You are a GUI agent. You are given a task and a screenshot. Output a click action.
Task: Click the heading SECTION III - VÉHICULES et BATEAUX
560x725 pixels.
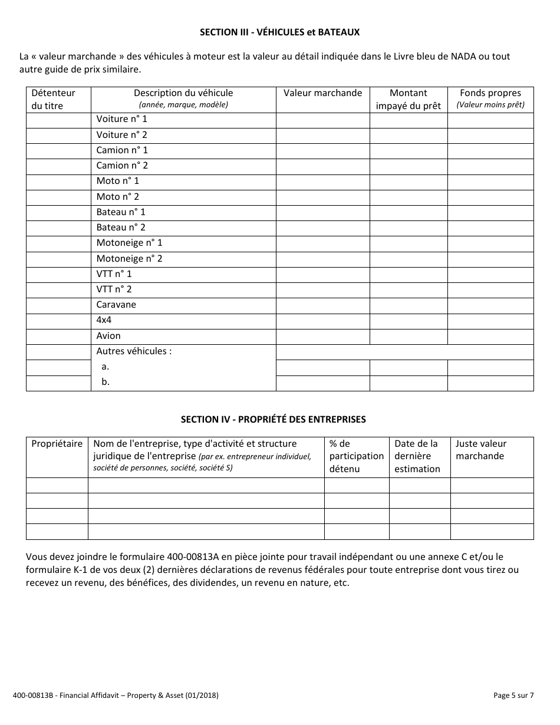click(x=279, y=32)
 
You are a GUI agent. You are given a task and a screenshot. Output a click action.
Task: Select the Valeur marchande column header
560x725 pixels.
click(x=322, y=93)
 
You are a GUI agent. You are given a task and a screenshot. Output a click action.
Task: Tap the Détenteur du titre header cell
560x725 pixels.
click(x=53, y=99)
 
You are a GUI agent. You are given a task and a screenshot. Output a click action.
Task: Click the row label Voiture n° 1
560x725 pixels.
click(x=121, y=119)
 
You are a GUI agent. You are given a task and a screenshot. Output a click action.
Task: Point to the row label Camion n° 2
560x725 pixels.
click(x=122, y=166)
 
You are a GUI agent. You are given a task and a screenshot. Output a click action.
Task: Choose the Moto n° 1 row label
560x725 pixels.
click(x=118, y=181)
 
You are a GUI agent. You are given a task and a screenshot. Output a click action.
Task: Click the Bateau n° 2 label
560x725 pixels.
click(x=121, y=228)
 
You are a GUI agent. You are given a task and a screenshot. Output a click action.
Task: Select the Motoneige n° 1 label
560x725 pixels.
click(x=129, y=243)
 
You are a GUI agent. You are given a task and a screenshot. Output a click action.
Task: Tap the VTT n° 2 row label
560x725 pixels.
click(x=114, y=289)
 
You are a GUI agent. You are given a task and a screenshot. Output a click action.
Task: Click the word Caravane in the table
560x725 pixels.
click(x=116, y=305)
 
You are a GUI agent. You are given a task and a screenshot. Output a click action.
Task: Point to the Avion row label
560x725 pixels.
click(x=108, y=336)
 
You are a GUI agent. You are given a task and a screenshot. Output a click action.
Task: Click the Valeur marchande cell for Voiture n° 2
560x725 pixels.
click(x=322, y=135)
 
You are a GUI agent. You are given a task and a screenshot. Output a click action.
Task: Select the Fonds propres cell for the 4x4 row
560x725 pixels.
click(x=490, y=321)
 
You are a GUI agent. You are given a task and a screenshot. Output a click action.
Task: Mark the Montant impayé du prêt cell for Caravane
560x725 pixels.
click(x=408, y=305)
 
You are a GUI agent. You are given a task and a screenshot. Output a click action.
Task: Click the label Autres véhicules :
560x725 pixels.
click(x=134, y=351)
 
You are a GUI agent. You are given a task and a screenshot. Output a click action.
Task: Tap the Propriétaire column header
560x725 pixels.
click(x=57, y=444)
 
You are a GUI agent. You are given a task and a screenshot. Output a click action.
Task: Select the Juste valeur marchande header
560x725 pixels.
click(x=481, y=450)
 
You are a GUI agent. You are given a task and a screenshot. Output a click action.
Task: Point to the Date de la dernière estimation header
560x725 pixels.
click(x=417, y=456)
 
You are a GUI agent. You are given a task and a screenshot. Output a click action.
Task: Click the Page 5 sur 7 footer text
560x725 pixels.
click(x=513, y=696)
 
